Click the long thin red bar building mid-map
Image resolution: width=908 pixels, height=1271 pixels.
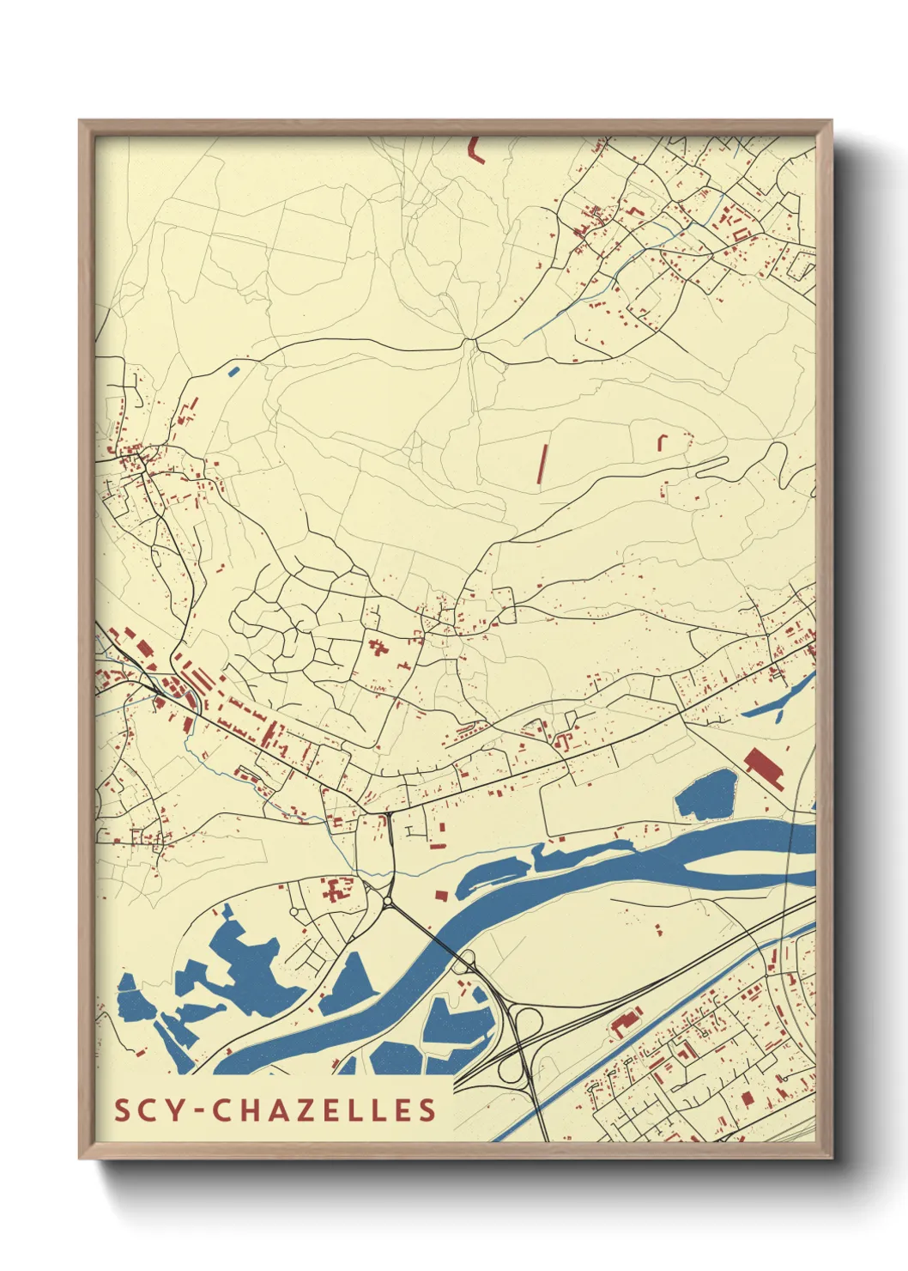[x=542, y=464]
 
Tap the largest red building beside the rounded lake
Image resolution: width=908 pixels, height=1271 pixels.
[x=764, y=767]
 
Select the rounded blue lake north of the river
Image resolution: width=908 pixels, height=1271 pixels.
[x=705, y=794]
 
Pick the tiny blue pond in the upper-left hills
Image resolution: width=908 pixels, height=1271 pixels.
[x=233, y=372]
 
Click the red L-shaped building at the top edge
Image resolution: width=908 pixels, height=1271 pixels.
[x=473, y=150]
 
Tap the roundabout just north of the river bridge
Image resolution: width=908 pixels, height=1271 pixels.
[x=388, y=901]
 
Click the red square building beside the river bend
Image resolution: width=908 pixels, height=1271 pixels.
[x=441, y=895]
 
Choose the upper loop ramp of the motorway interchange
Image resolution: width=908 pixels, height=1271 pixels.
[x=527, y=1023]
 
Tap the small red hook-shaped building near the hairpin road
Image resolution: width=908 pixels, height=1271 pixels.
[x=662, y=441]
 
